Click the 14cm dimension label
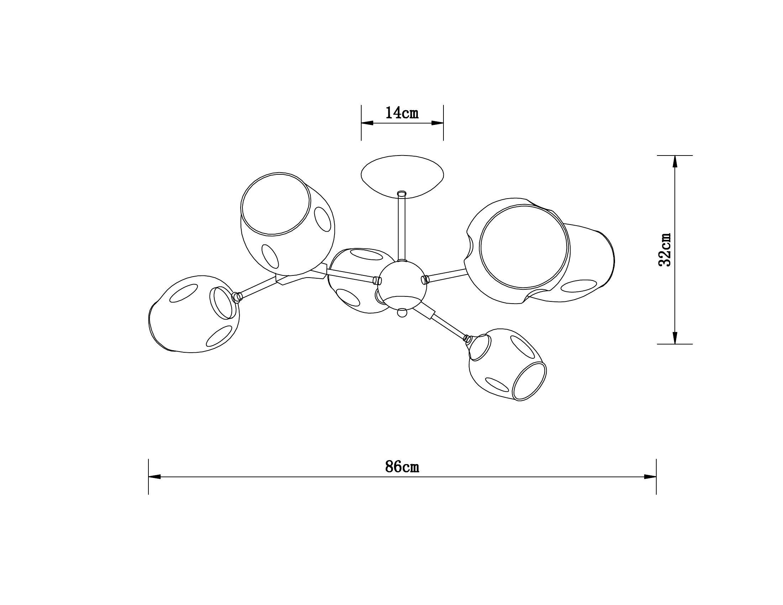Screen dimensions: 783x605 point(402,113)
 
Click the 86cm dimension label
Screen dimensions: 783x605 point(402,467)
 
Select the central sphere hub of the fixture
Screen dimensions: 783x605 point(402,285)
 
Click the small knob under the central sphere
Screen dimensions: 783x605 point(403,312)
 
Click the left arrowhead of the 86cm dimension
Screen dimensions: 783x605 point(154,477)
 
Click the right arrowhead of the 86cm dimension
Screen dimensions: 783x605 point(650,477)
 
